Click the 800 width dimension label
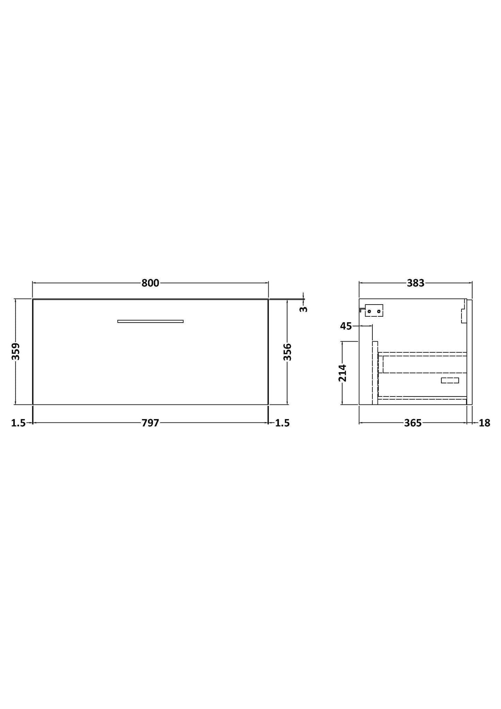pos(150,283)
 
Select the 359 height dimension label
pos(16,352)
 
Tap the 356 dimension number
pos(287,352)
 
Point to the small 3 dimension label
pos(304,309)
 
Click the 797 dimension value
pos(150,423)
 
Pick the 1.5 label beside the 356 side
pos(282,423)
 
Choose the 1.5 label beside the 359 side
pos(18,423)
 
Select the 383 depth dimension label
pos(415,283)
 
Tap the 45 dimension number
pos(346,326)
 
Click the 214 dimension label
pos(343,373)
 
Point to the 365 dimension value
pos(413,423)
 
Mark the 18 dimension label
pos(485,423)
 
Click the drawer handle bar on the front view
pos(150,321)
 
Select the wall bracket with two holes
pos(374,311)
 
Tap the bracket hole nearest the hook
pos(369,311)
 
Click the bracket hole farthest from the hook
pos(379,311)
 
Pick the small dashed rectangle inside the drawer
pos(450,381)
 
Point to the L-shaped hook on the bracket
pos(362,309)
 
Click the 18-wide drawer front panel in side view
pos(469,352)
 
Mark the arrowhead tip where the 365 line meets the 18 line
pos(467,423)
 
